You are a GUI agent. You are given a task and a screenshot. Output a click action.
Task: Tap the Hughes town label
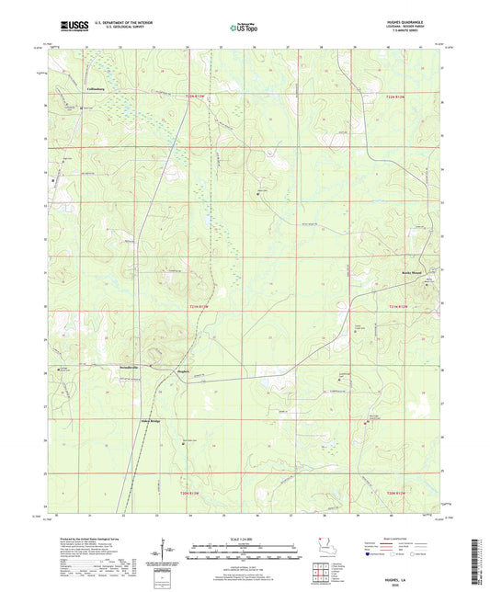tap(183, 371)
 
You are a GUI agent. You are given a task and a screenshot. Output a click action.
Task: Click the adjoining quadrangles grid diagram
tap(322, 575)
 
